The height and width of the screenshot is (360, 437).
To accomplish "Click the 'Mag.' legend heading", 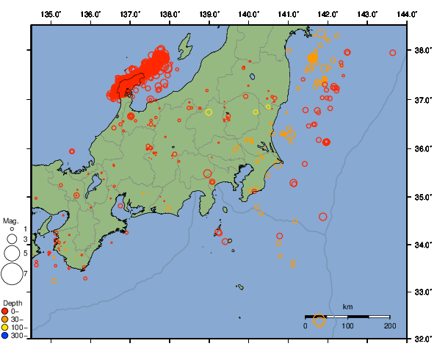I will tap(10, 220).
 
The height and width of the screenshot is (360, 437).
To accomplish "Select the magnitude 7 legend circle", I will tap(11, 274).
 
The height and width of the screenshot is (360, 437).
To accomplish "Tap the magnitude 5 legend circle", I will tap(11, 253).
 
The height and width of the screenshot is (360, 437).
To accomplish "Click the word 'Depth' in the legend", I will tap(12, 303).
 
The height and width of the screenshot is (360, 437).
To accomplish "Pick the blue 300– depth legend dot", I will tap(6, 336).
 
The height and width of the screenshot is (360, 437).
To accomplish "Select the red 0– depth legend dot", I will tap(6, 311).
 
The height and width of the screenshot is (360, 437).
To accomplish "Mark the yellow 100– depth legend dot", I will tap(6, 328).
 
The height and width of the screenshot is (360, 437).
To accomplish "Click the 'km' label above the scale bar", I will tap(347, 306).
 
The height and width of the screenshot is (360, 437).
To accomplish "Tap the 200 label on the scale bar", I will tap(389, 325).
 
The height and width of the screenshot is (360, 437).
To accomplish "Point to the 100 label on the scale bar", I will tap(347, 325).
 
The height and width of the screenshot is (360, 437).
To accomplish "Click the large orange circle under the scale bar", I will tap(319, 320).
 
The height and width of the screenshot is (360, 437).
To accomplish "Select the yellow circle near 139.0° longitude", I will tap(209, 112).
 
